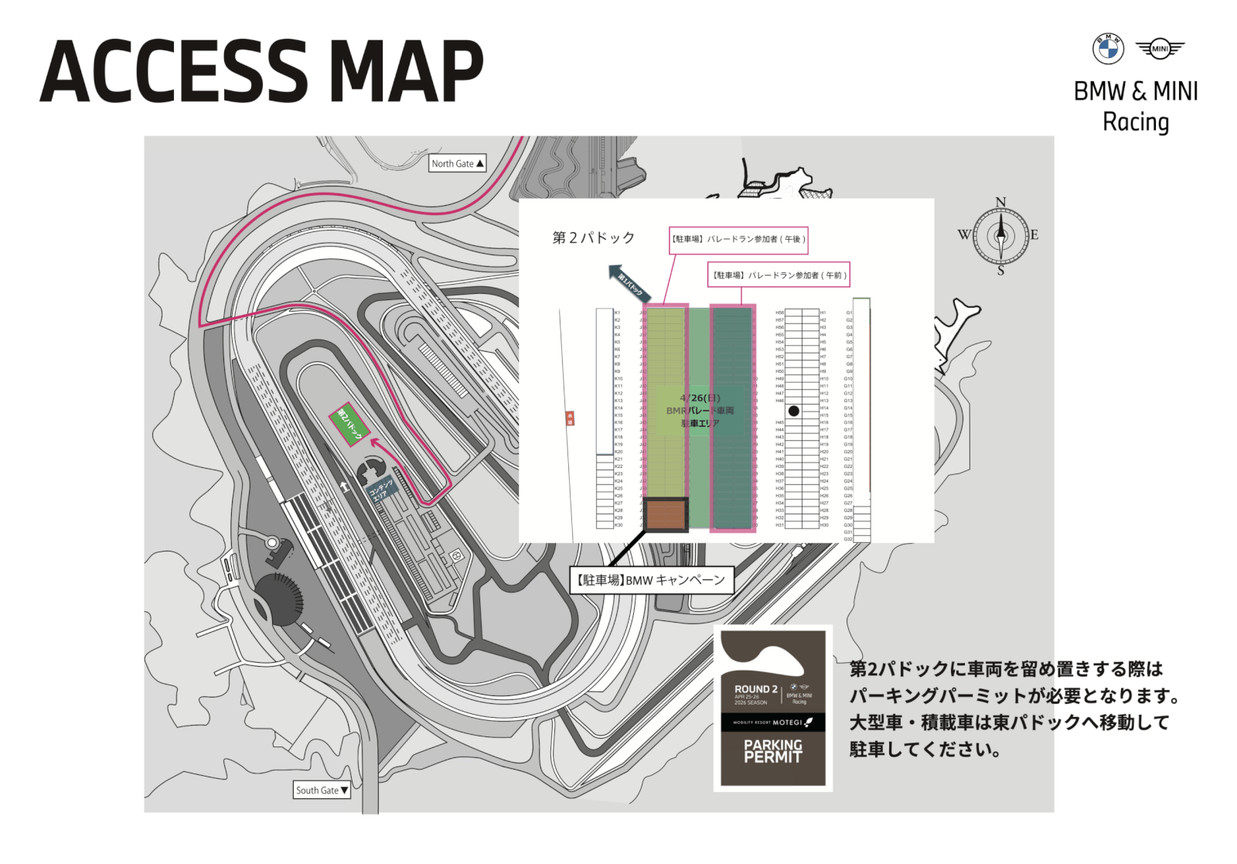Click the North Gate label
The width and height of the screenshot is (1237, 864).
click(x=457, y=164)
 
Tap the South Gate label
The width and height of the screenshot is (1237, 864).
click(x=322, y=791)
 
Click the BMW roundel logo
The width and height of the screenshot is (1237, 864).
click(x=1107, y=49)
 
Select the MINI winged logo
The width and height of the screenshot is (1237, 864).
click(x=1160, y=49)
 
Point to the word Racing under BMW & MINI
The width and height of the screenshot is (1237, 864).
click(x=1135, y=122)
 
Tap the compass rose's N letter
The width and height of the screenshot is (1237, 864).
click(x=1000, y=203)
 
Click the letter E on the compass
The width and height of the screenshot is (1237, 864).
click(x=1034, y=235)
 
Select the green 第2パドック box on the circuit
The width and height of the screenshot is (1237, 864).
click(x=349, y=424)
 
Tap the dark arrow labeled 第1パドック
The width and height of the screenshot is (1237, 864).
click(x=630, y=284)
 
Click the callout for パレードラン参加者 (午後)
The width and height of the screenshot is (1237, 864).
click(x=738, y=240)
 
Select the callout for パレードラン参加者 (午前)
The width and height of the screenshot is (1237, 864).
click(x=779, y=275)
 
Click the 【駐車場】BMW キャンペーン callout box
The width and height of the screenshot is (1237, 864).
click(x=651, y=580)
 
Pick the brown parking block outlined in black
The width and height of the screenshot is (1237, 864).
click(x=666, y=514)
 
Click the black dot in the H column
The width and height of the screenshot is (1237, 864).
click(x=793, y=411)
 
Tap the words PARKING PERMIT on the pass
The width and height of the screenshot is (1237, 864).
click(x=772, y=751)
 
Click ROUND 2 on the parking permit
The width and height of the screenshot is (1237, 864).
click(x=755, y=688)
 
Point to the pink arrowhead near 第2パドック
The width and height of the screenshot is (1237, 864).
click(x=376, y=443)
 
